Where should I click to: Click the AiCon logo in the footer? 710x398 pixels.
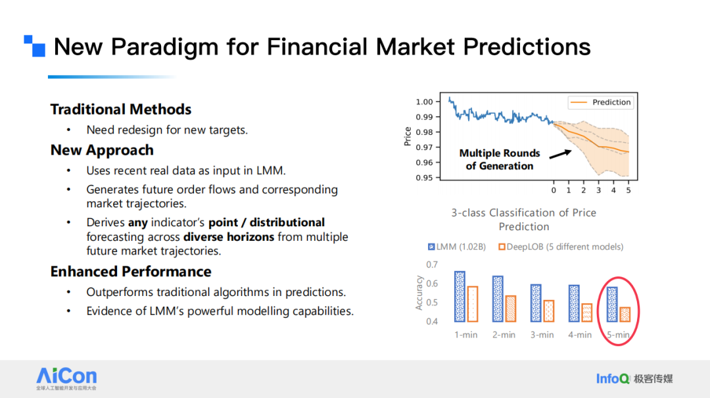tap(66, 377)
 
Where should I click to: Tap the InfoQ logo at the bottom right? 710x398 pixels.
tap(613, 378)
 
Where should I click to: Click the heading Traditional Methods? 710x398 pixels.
tap(121, 109)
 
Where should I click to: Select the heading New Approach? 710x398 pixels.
tap(102, 150)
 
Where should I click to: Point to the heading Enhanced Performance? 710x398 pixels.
tap(131, 272)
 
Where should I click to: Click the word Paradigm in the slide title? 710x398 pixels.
tap(166, 47)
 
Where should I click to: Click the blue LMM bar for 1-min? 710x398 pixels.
tap(460, 297)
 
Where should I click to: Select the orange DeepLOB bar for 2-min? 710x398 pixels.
tap(510, 309)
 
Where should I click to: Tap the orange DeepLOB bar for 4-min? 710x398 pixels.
tap(586, 312)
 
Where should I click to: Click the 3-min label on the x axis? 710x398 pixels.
tap(542, 335)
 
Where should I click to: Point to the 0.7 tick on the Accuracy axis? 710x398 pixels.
tap(431, 264)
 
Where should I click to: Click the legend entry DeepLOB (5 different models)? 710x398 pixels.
tap(560, 247)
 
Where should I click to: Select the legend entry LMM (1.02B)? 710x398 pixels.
tap(457, 247)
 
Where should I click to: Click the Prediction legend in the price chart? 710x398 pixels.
tap(601, 102)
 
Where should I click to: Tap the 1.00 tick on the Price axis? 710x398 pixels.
tap(425, 102)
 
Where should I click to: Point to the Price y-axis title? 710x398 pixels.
tap(407, 136)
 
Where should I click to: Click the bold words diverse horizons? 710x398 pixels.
tap(229, 237)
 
